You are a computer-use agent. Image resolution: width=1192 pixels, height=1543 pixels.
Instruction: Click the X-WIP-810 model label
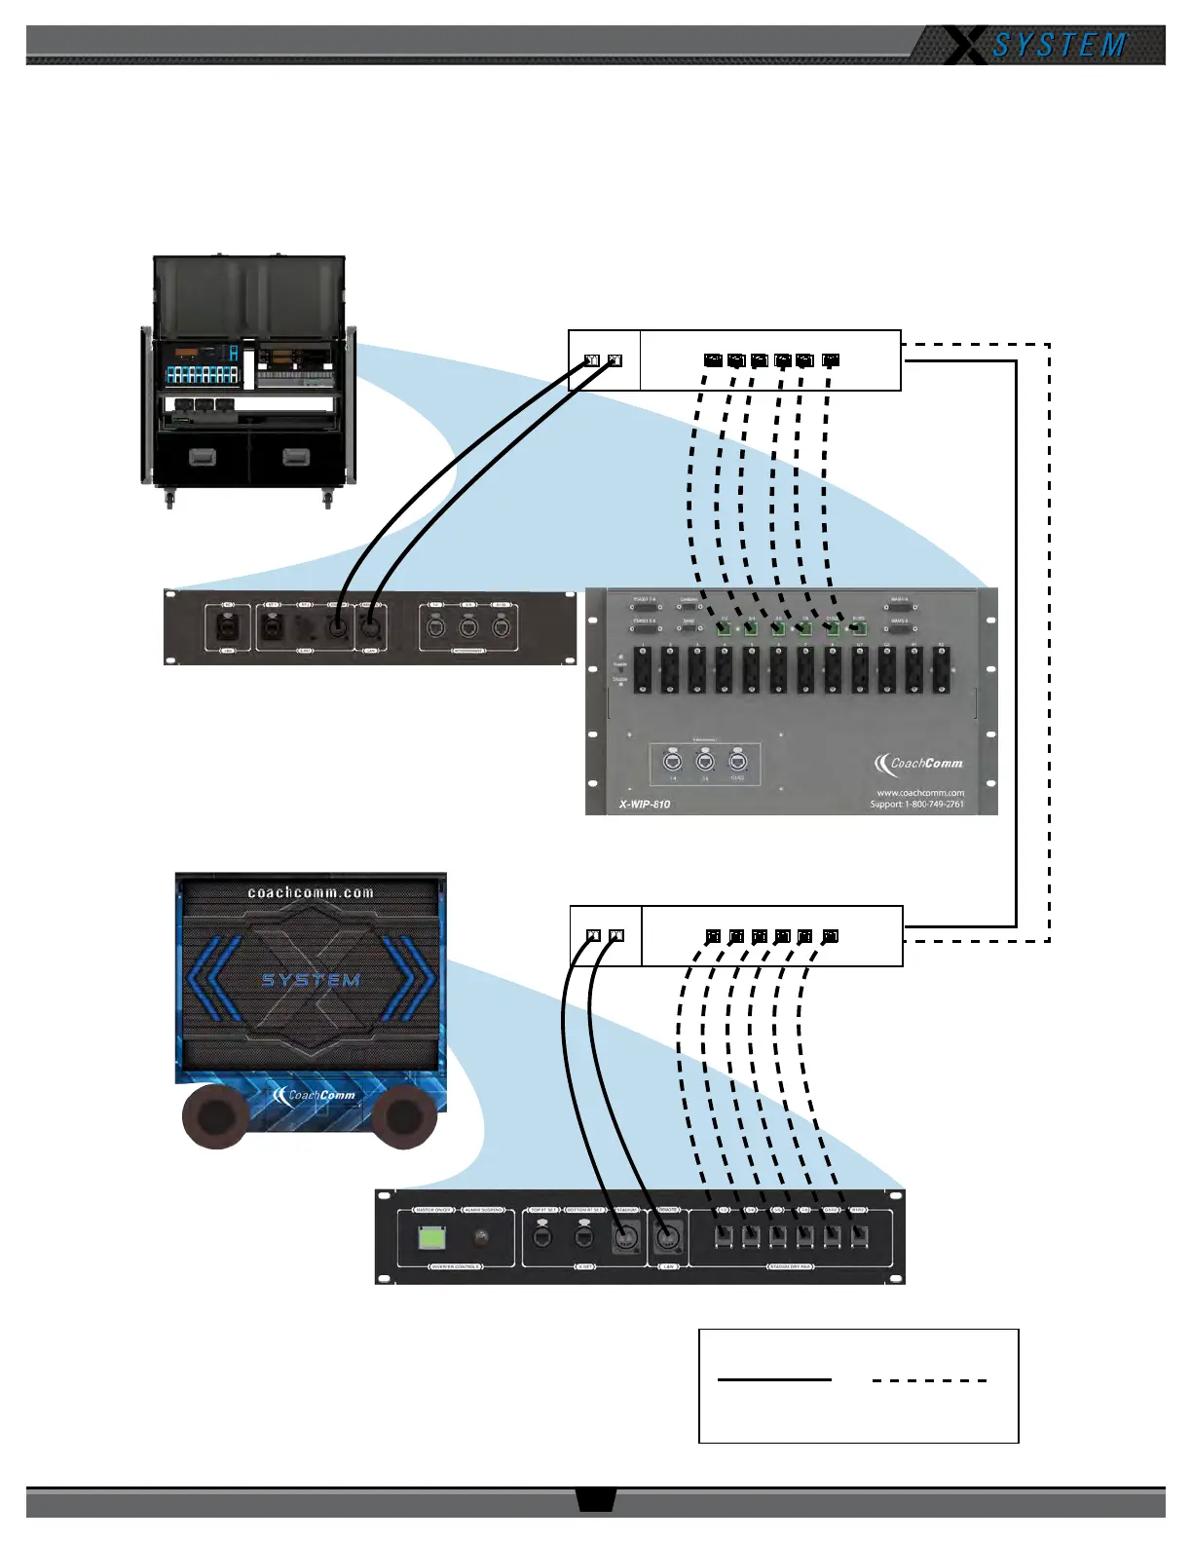tap(645, 804)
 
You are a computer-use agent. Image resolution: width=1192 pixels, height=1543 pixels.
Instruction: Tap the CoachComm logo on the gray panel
tap(918, 763)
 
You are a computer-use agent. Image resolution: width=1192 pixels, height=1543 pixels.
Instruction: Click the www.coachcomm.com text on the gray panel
tap(920, 792)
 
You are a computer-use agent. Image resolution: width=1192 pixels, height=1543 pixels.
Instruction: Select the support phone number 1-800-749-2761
tap(933, 804)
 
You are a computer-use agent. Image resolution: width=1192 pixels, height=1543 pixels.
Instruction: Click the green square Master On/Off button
tap(431, 1238)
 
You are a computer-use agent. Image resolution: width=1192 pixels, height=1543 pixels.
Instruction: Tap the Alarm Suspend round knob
tap(480, 1238)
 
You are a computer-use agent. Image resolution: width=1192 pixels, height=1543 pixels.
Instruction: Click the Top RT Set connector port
tap(542, 1237)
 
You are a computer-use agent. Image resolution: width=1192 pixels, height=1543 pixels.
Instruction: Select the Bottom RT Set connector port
tap(583, 1237)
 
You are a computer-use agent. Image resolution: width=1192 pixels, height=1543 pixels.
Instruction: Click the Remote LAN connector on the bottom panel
tap(667, 1239)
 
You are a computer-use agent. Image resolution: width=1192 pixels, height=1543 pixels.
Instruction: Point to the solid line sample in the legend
tap(774, 1379)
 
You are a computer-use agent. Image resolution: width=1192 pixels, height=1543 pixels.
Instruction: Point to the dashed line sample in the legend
tap(929, 1380)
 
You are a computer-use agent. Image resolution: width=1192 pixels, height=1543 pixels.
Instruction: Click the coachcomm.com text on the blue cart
tap(311, 892)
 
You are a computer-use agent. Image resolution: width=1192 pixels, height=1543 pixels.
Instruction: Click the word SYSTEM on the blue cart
tap(311, 980)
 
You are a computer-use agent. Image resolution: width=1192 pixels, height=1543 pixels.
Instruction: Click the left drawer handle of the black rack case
tap(203, 457)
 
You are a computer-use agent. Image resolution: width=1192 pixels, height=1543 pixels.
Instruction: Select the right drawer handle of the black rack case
tap(296, 457)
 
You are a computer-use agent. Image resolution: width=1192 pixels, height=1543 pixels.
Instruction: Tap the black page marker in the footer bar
tap(595, 1499)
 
